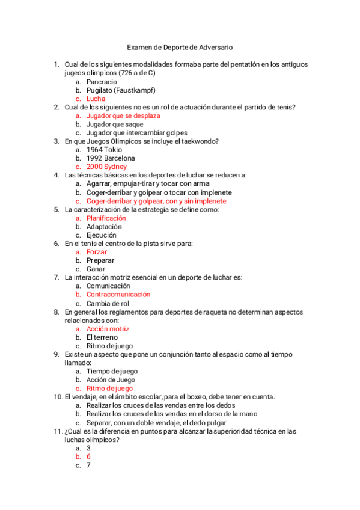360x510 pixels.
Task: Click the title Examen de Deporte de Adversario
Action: (180, 47)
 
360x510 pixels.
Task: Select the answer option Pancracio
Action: (102, 82)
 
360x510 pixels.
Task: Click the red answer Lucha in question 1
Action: (96, 99)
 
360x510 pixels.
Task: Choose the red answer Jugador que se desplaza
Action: (123, 115)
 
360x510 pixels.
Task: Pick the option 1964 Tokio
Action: (103, 150)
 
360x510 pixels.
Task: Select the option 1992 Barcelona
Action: (111, 158)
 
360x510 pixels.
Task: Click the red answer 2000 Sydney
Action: (106, 167)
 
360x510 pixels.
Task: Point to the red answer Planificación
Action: (106, 218)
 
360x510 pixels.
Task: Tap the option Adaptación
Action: (105, 227)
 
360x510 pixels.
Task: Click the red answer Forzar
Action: (97, 253)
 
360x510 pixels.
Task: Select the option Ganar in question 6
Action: (96, 269)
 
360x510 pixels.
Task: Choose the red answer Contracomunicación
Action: (118, 295)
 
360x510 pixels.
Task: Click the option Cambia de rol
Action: (109, 304)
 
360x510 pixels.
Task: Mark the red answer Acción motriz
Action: (108, 329)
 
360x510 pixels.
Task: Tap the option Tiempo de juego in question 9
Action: (112, 372)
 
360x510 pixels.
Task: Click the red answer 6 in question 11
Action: (88, 457)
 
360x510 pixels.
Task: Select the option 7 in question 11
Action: (88, 465)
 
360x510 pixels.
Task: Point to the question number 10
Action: (58, 397)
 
